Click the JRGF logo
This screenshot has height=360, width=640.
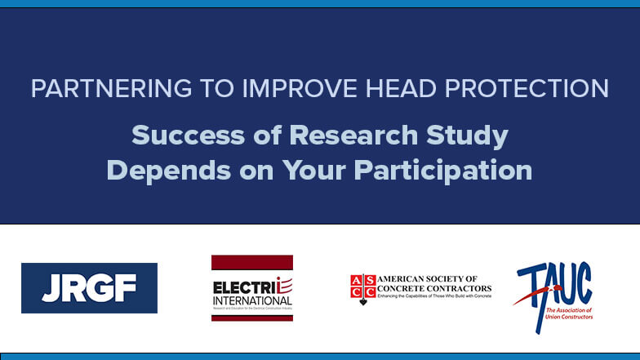[89, 288]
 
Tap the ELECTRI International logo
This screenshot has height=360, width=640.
[251, 288]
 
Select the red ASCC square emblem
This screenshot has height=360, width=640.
[363, 288]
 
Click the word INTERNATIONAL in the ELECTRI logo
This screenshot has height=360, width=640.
[251, 300]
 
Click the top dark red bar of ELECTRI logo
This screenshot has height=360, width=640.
[251, 262]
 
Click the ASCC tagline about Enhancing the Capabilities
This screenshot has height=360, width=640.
[435, 296]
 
